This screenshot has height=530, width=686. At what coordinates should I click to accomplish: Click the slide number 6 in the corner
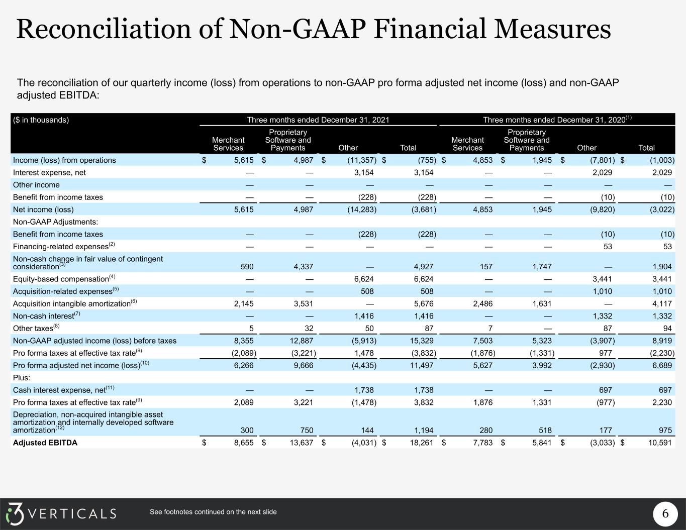[665, 513]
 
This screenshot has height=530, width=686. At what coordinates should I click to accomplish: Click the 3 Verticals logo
[61, 513]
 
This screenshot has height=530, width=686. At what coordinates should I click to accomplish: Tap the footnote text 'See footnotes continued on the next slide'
[213, 512]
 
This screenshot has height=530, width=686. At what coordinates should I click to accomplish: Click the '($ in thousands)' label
[41, 120]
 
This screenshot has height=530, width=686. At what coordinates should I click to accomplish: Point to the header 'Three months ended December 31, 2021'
[318, 120]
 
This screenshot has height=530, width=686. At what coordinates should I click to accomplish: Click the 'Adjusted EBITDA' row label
[45, 443]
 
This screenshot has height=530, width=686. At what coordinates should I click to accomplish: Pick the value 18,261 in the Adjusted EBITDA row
[422, 443]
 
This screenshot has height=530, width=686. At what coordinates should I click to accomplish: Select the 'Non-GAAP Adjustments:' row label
[55, 222]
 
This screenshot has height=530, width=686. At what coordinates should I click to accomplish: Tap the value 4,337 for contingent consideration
[304, 267]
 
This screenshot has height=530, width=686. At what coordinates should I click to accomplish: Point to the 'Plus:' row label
[22, 378]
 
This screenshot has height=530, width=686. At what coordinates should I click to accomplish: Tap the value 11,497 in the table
[422, 365]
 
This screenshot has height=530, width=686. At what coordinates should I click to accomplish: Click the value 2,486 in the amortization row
[482, 303]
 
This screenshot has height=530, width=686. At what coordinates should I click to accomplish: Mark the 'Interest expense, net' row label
[49, 173]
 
